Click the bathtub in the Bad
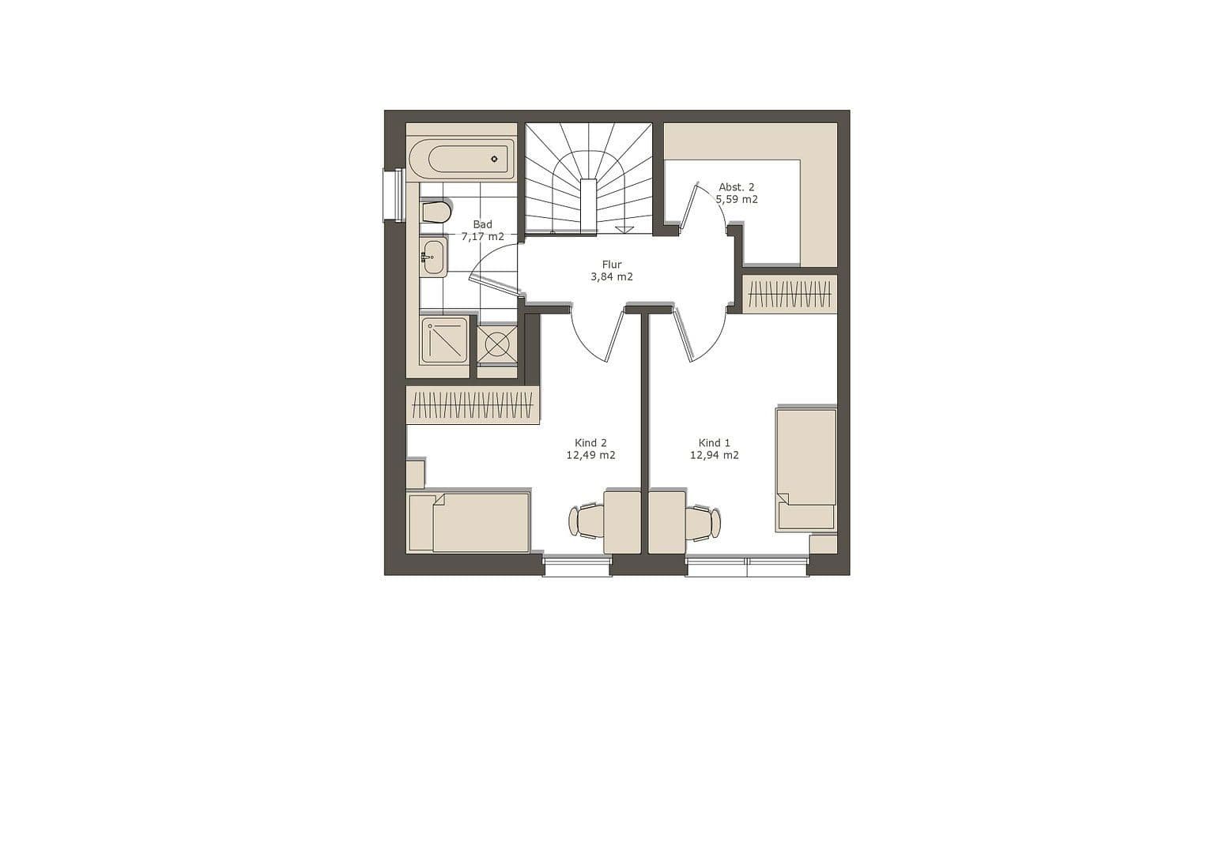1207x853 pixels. coord(461,160)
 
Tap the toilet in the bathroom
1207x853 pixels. coord(436,212)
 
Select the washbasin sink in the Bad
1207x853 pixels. coord(432,257)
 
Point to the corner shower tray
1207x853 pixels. coord(444,340)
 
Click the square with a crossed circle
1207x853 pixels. coord(497,344)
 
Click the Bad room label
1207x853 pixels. coord(482,224)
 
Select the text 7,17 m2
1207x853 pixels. coord(482,236)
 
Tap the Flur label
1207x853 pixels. coord(612,265)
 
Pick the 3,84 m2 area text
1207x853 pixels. coord(612,277)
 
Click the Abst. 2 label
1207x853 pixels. coord(736,187)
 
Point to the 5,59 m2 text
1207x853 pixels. coord(737,200)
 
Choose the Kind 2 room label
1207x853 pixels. coord(590,443)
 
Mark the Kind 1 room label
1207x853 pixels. coord(715,443)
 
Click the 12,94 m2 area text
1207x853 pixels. coord(715,456)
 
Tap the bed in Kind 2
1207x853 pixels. coord(469,523)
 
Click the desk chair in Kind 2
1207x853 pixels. coord(587,521)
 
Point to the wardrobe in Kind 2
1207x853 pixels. coord(473,405)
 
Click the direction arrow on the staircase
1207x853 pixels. coord(624,229)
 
